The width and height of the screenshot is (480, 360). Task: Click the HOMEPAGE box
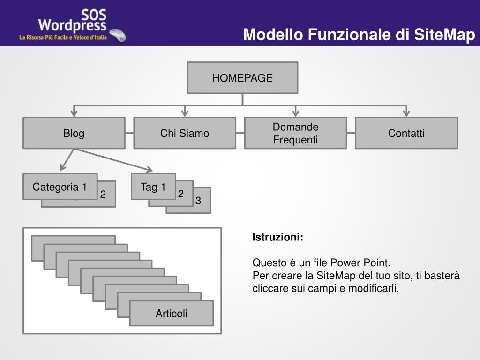click(x=242, y=78)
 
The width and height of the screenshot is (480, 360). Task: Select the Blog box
click(x=74, y=133)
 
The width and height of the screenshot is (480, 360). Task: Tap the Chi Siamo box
click(x=185, y=133)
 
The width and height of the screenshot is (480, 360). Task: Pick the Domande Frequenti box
click(x=295, y=133)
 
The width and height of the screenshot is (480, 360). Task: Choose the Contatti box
click(x=406, y=133)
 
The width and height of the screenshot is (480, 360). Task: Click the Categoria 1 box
click(x=60, y=187)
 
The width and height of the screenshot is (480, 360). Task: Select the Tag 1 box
click(x=153, y=187)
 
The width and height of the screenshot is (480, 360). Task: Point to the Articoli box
click(x=172, y=313)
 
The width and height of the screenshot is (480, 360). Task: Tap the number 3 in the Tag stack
click(x=198, y=201)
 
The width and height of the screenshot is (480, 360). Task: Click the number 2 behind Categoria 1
click(x=103, y=195)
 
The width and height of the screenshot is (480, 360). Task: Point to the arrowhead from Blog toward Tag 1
click(x=149, y=169)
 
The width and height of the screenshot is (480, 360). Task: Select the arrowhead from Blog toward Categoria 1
click(x=63, y=167)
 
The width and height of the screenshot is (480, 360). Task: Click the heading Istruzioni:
click(x=277, y=237)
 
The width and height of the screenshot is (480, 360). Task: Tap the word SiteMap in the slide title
click(x=444, y=35)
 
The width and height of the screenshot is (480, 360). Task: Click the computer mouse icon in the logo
click(x=118, y=35)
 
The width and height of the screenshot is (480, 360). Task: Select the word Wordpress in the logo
click(x=72, y=25)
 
